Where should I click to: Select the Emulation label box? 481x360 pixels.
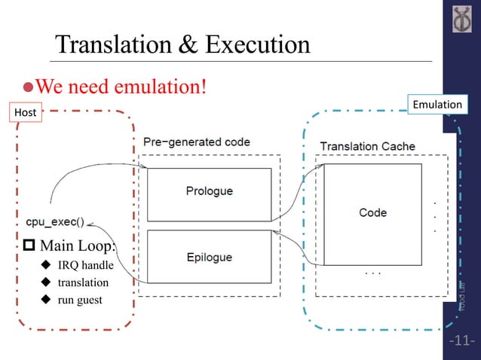(438, 104)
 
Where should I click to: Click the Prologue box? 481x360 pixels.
(209, 191)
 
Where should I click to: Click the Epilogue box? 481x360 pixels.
(209, 257)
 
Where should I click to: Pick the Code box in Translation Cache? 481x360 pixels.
(372, 213)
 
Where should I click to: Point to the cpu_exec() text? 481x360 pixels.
(54, 223)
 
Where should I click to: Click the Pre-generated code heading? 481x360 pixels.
(197, 142)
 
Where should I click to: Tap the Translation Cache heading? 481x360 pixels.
(367, 146)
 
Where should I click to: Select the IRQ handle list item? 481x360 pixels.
(86, 265)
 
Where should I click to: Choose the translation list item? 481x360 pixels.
(83, 282)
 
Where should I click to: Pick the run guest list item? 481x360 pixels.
(82, 300)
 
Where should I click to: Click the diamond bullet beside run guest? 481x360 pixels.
(45, 300)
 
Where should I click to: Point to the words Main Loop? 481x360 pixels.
(75, 246)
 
